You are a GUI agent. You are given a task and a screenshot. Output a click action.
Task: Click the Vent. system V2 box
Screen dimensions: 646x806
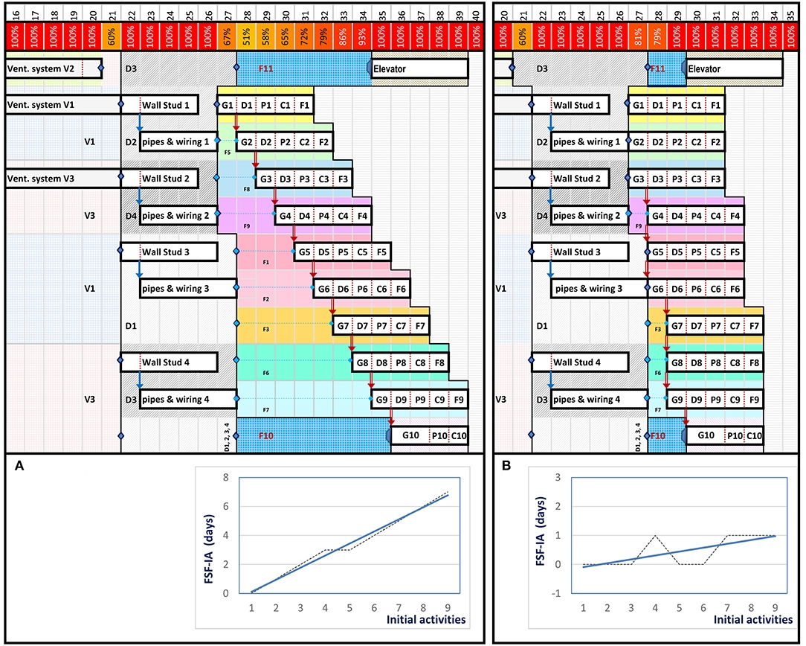pos(52,68)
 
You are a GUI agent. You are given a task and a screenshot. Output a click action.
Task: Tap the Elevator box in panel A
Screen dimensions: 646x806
pos(420,68)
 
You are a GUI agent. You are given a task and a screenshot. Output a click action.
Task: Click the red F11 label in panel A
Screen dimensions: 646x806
pos(266,68)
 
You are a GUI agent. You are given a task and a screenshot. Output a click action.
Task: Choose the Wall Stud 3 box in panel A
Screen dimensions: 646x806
pos(169,252)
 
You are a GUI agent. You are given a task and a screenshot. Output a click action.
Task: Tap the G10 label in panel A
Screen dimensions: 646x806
pos(412,435)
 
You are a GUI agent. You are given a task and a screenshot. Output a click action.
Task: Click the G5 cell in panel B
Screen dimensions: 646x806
pos(657,252)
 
